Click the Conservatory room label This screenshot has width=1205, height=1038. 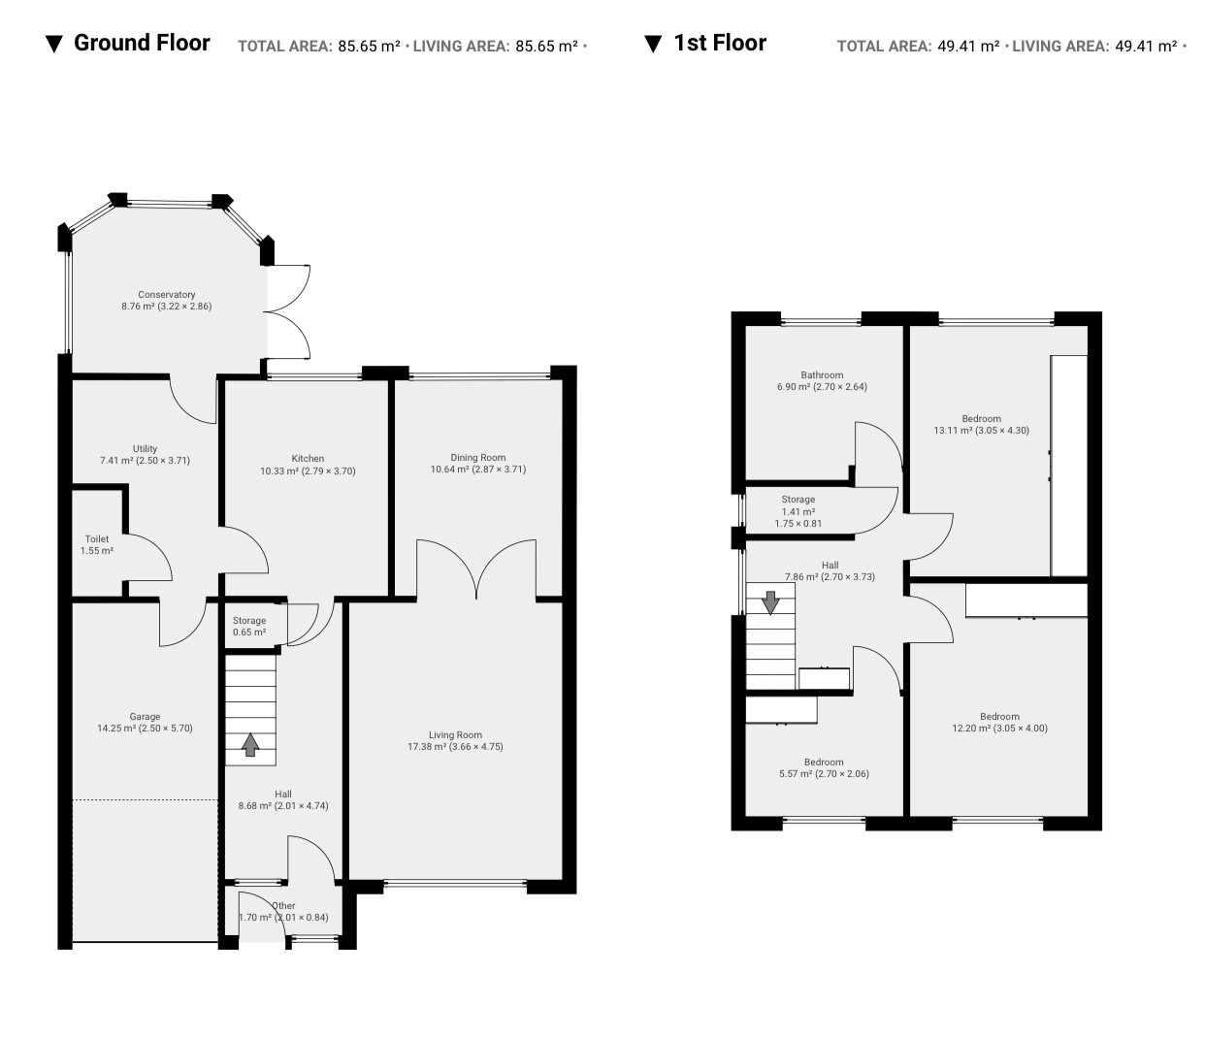point(166,294)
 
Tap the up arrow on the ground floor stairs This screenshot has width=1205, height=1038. point(250,745)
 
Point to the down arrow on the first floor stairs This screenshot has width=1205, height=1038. point(770,603)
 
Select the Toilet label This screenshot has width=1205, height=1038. point(97,539)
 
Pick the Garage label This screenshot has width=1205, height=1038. point(145,716)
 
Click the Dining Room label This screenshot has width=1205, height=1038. point(478,458)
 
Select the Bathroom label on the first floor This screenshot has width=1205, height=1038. point(822,374)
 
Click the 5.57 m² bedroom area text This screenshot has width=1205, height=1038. point(797,774)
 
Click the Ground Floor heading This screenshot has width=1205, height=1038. point(142,43)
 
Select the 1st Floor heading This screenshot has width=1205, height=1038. point(720,43)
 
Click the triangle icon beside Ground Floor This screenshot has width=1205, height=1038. point(54,45)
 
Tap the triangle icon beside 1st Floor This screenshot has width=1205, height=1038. point(653,45)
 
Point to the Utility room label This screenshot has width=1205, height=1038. point(145,449)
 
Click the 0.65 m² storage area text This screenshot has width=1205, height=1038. point(249,633)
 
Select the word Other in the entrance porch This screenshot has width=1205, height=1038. point(284,906)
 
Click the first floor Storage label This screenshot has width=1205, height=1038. point(798,500)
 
